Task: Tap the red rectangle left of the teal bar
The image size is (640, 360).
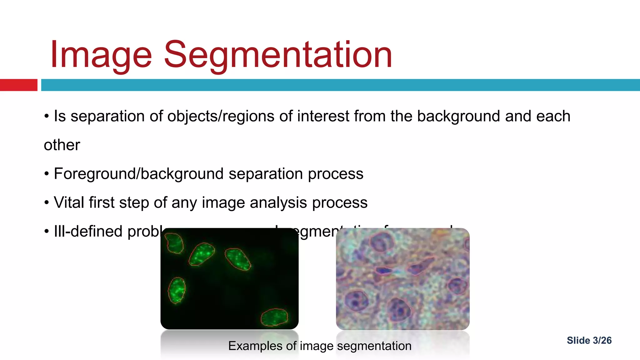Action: [x=18, y=85]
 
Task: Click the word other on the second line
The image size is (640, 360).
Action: [x=62, y=145]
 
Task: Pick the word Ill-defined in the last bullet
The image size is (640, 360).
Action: [x=88, y=232]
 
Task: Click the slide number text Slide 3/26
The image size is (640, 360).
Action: [x=589, y=340]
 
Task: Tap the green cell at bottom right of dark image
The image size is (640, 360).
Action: [x=274, y=317]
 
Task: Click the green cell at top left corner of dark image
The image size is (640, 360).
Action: [x=174, y=243]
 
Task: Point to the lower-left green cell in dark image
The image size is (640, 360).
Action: [x=177, y=290]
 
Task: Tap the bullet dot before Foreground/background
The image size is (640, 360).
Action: [x=47, y=174]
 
